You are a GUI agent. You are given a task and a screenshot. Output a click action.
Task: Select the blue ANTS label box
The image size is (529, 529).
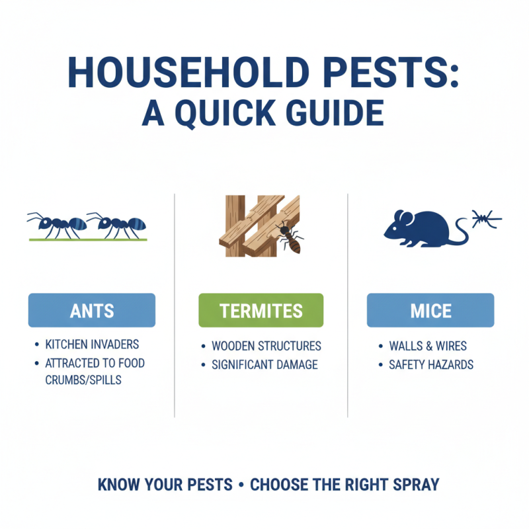[x=91, y=310]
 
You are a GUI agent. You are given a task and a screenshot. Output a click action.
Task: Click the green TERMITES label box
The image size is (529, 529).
[x=261, y=310]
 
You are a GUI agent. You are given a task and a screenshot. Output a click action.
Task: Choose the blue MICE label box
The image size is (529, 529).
[x=430, y=310]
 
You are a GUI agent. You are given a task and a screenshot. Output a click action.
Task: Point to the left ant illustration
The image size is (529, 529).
[x=56, y=225]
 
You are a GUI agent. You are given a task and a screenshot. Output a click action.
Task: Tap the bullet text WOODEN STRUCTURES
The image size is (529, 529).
[x=266, y=346]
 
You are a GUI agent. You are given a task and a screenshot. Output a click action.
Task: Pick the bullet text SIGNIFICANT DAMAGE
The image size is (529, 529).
[x=264, y=364]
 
